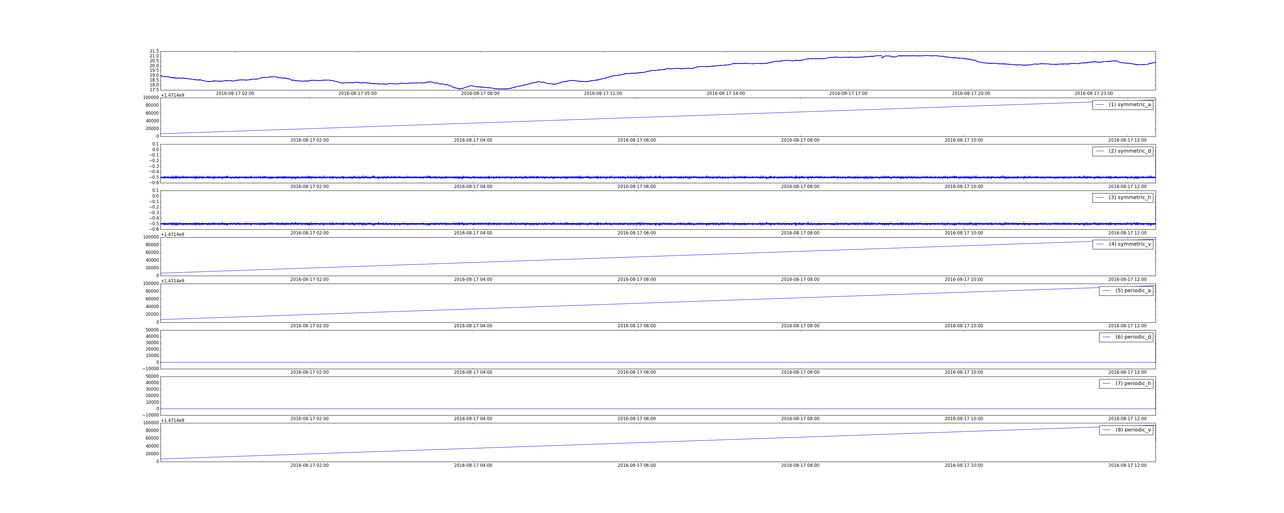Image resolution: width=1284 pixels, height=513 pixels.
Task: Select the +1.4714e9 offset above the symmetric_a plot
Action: (x=173, y=95)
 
